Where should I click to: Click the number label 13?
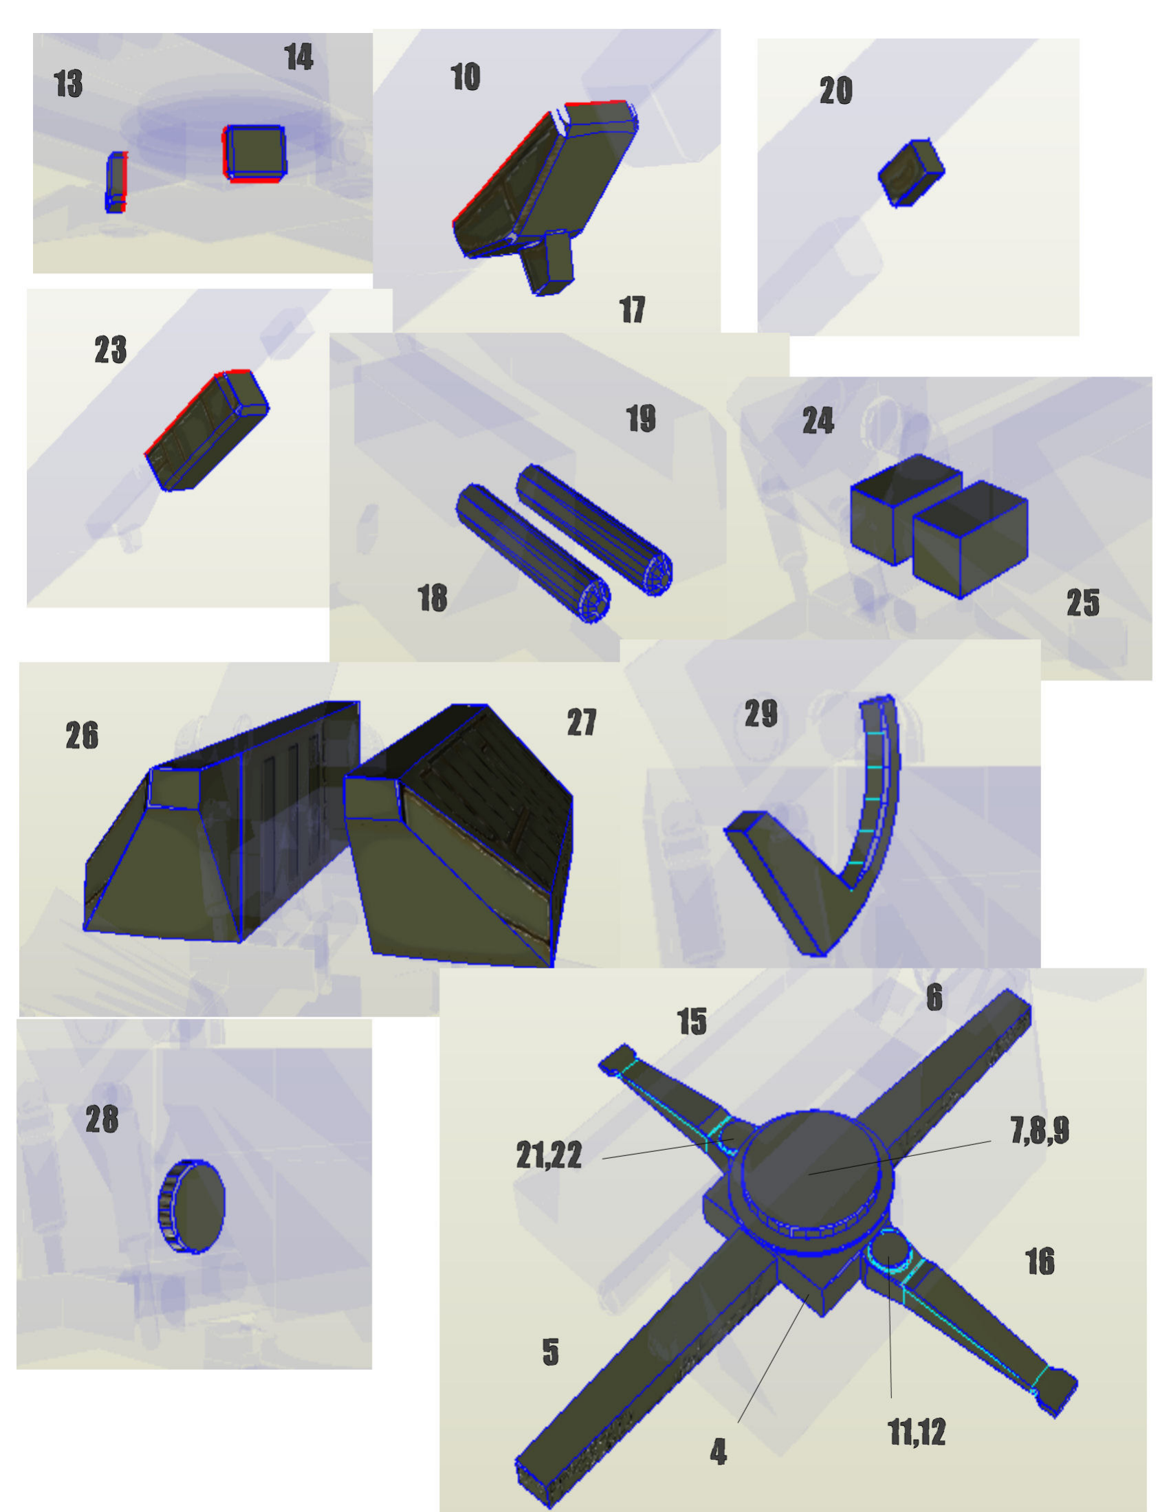point(69,85)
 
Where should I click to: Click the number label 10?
point(466,77)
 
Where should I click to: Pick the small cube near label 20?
point(911,173)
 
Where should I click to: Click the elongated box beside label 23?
point(206,432)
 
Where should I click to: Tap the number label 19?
point(641,419)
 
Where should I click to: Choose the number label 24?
point(818,421)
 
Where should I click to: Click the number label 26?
point(82,736)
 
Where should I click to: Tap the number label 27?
point(581,723)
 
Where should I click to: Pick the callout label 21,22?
point(549,1155)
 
